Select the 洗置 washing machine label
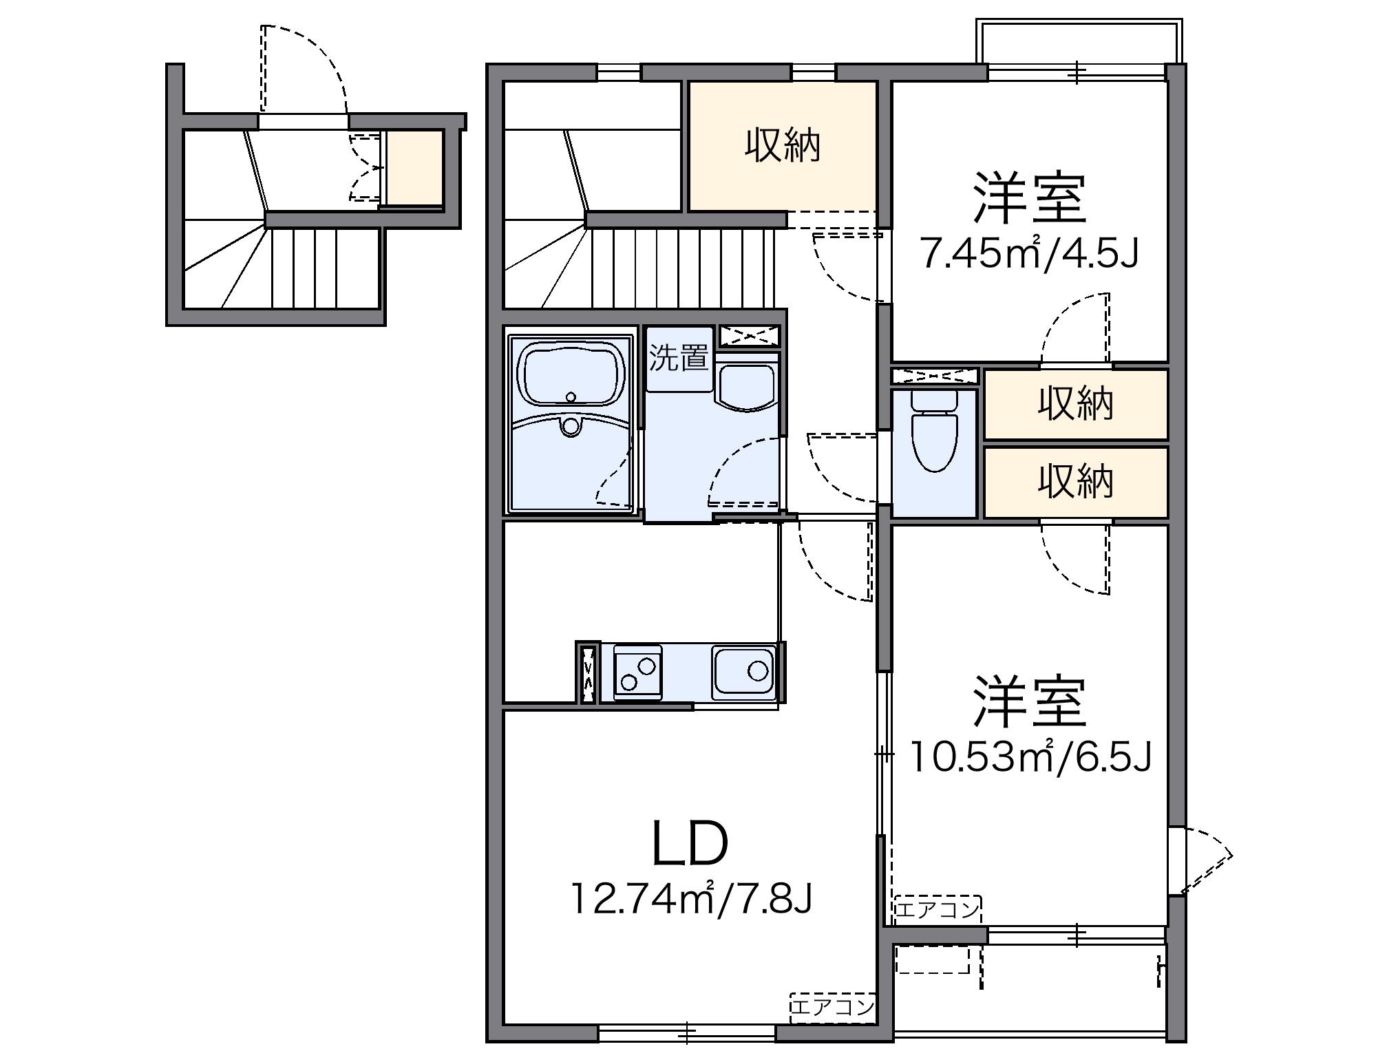point(679,358)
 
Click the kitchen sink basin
point(744,671)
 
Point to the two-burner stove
point(637,672)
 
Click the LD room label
point(689,845)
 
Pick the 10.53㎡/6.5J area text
point(1030,756)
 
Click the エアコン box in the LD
point(832,1007)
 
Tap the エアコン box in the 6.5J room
point(937,909)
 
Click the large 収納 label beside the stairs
point(783,146)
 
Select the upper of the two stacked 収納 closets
point(1075,404)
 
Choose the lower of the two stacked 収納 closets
point(1075,482)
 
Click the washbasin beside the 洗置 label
point(746,387)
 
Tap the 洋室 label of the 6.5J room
point(1030,702)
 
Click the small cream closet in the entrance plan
point(414,167)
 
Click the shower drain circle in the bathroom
point(570,427)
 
